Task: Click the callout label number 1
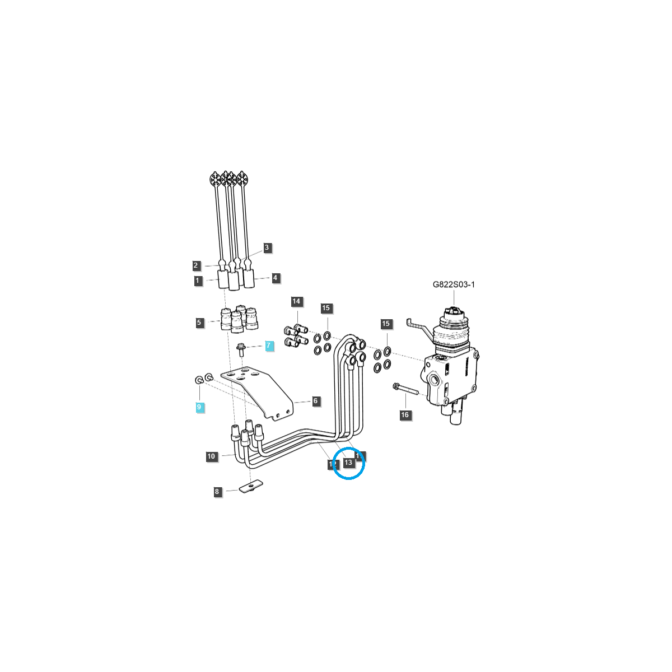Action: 198,281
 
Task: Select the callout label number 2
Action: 196,265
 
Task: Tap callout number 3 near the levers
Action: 267,248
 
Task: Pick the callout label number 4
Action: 275,278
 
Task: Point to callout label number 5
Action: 199,323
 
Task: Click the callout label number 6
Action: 315,401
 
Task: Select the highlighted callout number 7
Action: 269,346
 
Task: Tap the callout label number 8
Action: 217,492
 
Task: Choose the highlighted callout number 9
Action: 199,407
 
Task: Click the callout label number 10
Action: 211,456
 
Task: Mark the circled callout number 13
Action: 348,463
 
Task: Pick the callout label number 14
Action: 296,301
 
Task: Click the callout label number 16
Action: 405,415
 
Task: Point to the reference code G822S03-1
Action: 454,284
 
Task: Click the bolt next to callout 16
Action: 406,388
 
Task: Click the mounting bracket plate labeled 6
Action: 263,392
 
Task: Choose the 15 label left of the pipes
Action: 326,308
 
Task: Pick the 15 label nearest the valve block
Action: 385,324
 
